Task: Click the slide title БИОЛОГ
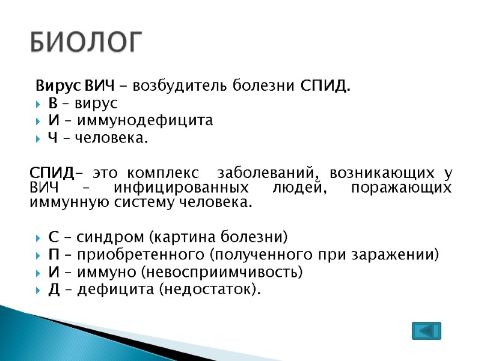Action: pos(87,43)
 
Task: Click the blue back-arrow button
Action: pos(426,331)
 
